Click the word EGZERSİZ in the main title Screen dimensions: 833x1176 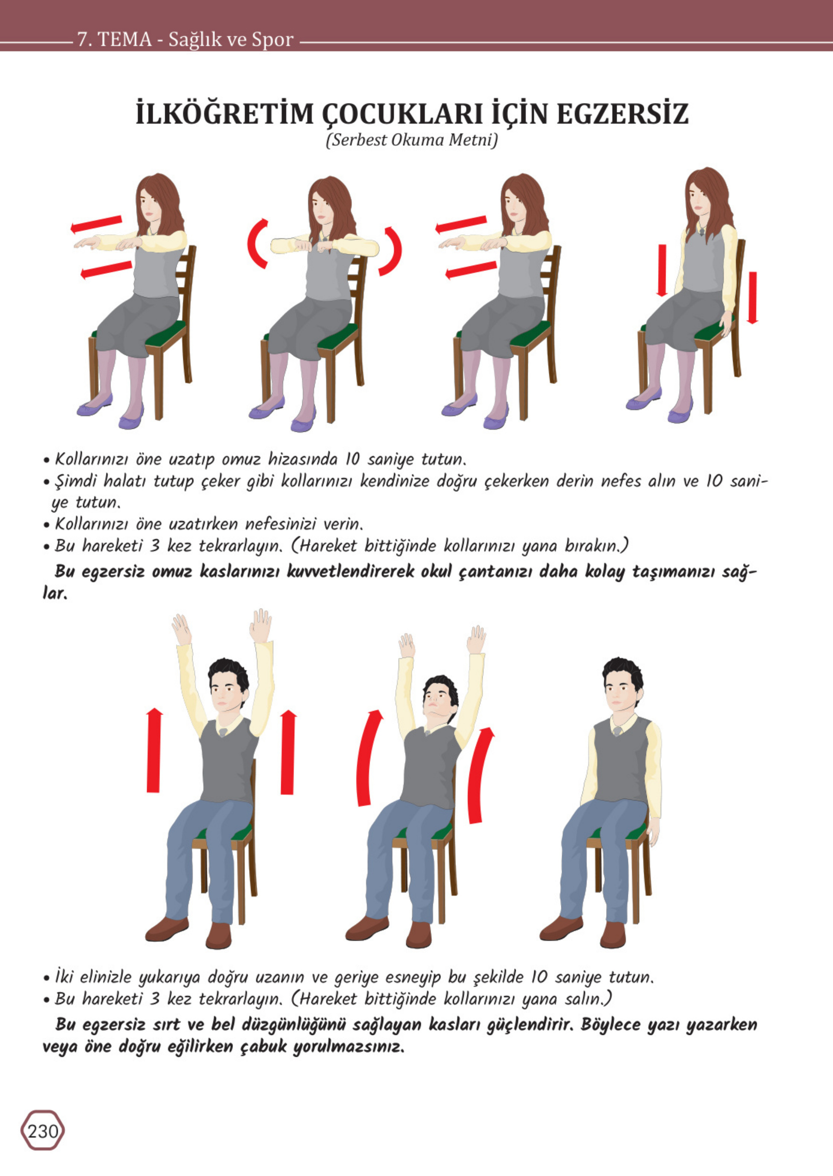(x=622, y=114)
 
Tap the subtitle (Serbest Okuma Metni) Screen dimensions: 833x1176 (x=412, y=140)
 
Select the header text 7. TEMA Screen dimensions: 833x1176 (x=114, y=39)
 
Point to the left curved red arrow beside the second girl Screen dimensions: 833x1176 (x=257, y=243)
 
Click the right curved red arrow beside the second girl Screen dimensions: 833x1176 (x=392, y=251)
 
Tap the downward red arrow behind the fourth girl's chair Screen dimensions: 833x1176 (x=753, y=298)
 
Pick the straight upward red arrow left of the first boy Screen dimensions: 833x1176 (x=154, y=750)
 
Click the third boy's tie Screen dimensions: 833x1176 (x=618, y=731)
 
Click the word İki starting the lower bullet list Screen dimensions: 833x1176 (x=65, y=976)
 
